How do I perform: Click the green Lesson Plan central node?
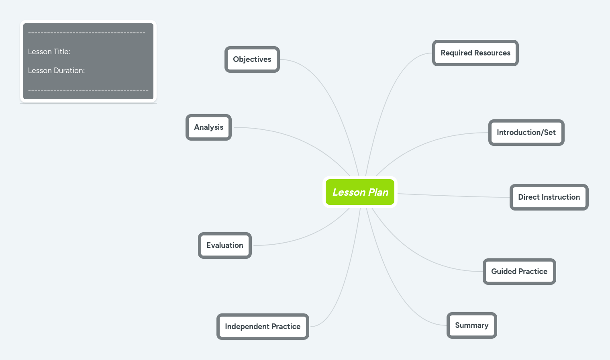click(360, 192)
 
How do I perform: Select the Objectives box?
click(252, 59)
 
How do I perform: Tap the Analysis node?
click(208, 127)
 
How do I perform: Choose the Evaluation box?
click(225, 245)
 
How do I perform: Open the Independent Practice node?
click(263, 327)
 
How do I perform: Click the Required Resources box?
click(475, 53)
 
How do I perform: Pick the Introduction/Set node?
click(526, 133)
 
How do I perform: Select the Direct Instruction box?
click(549, 197)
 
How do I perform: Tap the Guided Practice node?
click(519, 272)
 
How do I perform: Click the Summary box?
click(471, 325)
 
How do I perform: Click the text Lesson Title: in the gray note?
click(49, 52)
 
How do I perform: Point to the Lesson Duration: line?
click(56, 71)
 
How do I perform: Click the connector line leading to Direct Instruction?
click(454, 196)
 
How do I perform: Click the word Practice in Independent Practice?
click(286, 327)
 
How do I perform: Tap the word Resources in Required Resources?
click(492, 53)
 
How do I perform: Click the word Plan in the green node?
click(378, 192)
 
